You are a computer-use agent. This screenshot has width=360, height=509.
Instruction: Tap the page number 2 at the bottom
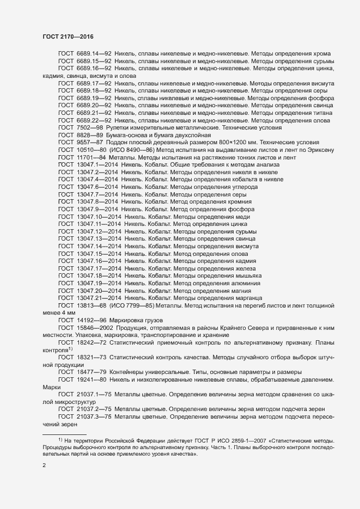pos(45,466)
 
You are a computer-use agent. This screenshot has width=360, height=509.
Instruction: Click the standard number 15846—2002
pos(95,328)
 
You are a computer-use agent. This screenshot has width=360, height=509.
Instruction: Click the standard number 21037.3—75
pos(94,416)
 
